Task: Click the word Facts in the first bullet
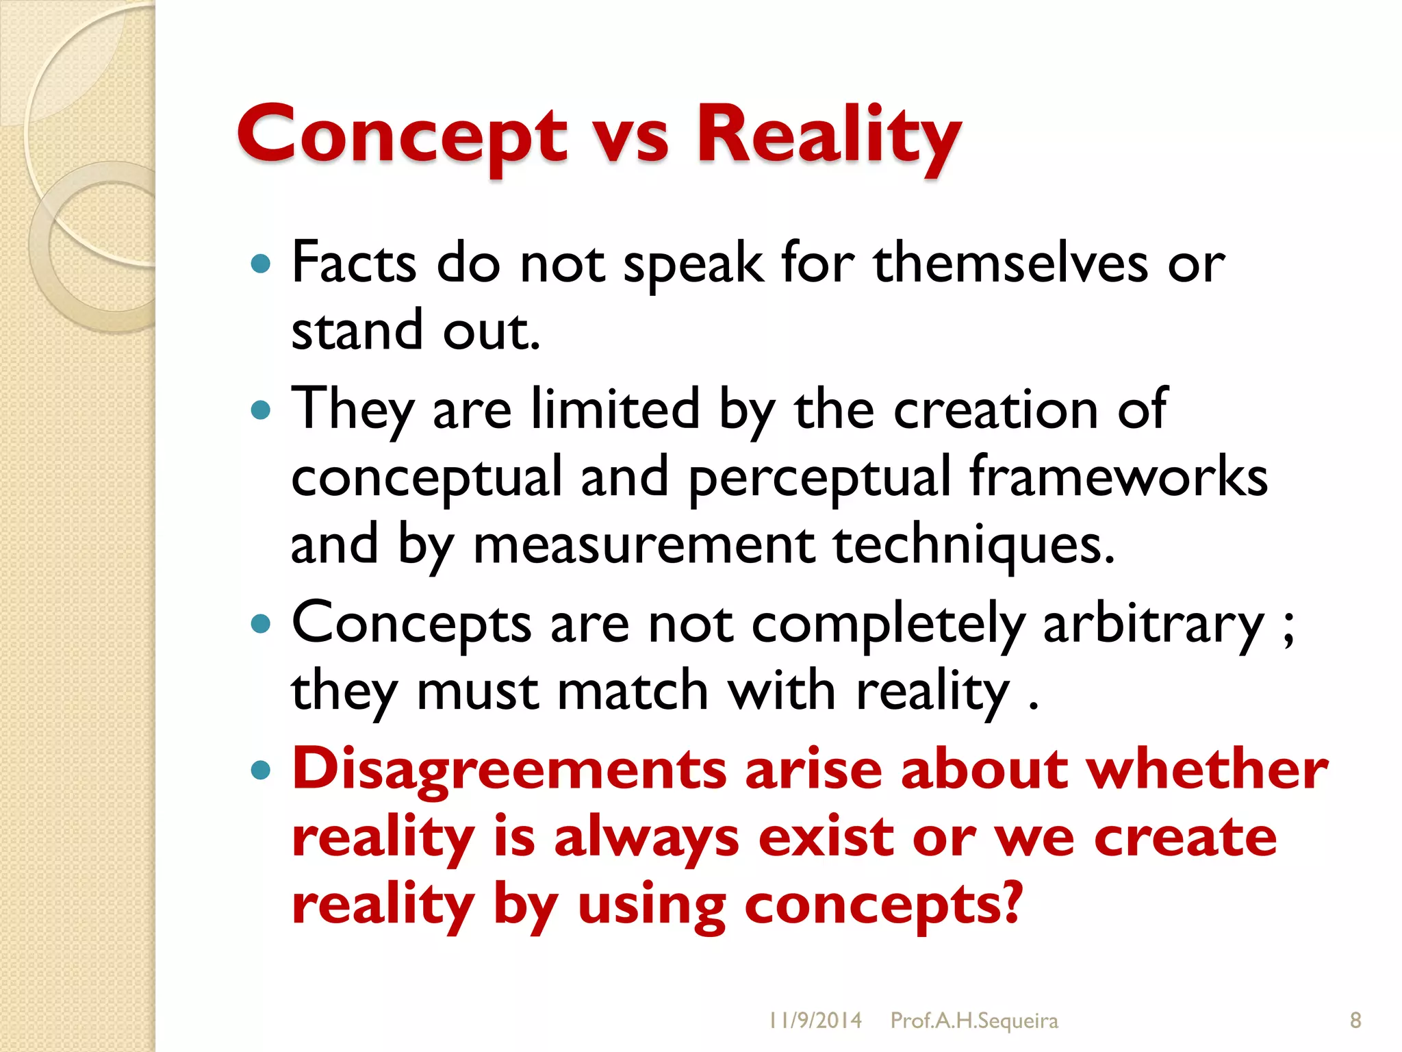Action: (353, 263)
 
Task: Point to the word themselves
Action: (1010, 263)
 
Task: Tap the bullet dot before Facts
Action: (261, 264)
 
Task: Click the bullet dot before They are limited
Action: (261, 410)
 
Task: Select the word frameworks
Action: (1118, 477)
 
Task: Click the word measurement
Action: (643, 545)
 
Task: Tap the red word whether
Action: (1208, 768)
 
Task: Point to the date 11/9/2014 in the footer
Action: (815, 1020)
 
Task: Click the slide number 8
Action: (1355, 1020)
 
